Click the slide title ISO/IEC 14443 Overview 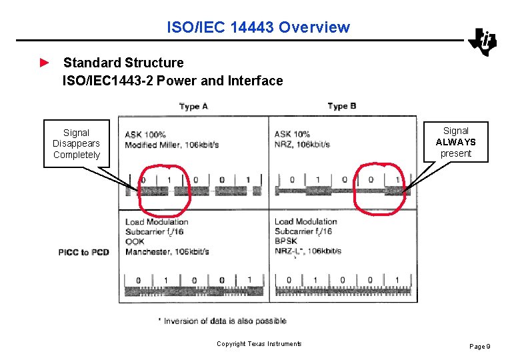[x=258, y=27]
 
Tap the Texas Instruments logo [x=483, y=42]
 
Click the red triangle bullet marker [x=44, y=63]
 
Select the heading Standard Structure [x=123, y=63]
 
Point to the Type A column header [x=193, y=106]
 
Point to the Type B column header [x=342, y=106]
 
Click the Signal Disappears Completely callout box [x=77, y=143]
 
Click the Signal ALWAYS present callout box [x=455, y=142]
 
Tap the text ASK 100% [x=145, y=134]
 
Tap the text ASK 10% [x=292, y=134]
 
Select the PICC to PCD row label [x=83, y=252]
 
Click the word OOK [x=135, y=241]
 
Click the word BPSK [x=287, y=241]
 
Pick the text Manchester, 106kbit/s [x=167, y=251]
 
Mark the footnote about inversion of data [x=223, y=321]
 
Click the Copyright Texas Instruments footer [x=259, y=344]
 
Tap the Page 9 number [x=480, y=346]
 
